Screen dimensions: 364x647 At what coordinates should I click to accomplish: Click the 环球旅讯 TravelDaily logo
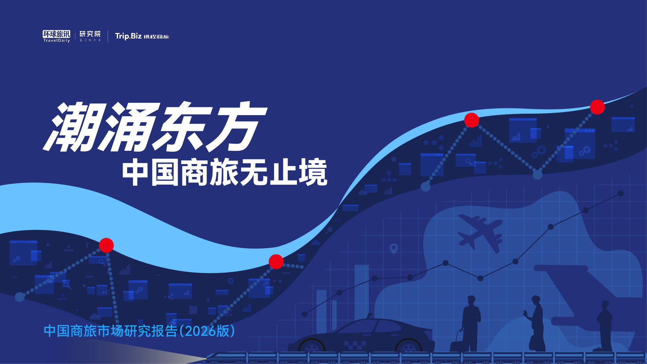[56, 36]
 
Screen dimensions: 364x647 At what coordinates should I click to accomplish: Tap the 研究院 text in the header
[90, 34]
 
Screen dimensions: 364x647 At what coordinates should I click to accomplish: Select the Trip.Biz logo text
[128, 36]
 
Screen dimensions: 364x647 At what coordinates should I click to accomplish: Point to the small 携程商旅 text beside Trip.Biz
[156, 37]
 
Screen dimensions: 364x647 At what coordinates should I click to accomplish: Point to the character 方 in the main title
[238, 127]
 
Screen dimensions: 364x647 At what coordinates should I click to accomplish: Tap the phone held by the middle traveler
[525, 313]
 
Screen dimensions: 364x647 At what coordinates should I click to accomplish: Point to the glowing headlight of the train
[205, 358]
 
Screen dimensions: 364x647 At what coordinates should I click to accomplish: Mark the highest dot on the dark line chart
[620, 193]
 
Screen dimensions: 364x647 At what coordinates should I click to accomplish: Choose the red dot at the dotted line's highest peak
[597, 107]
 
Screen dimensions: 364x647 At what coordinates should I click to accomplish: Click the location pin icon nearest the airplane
[393, 248]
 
